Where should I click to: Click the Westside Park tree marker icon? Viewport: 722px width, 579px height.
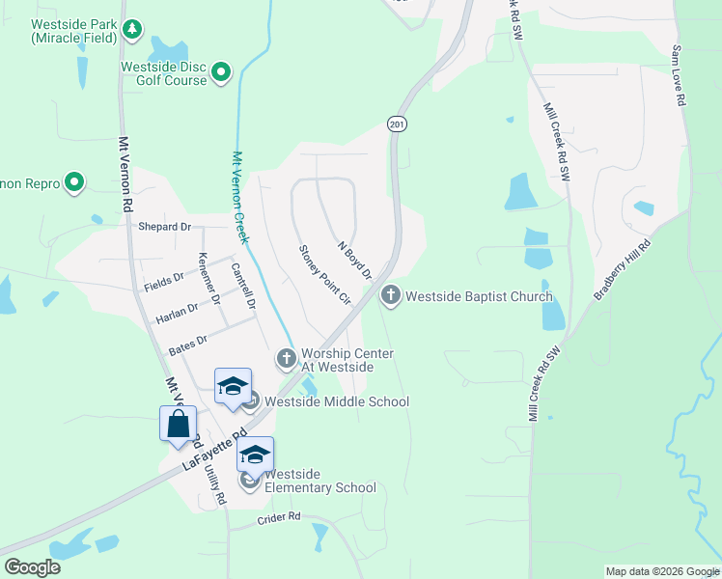132,31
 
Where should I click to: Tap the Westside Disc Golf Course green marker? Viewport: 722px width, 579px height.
221,72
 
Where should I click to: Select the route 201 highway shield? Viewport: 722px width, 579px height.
397,124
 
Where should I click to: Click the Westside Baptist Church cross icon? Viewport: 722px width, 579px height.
391,296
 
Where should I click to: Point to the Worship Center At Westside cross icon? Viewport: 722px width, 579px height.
286,359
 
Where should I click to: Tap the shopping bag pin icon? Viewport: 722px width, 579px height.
179,425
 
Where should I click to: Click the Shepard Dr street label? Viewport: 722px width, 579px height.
165,227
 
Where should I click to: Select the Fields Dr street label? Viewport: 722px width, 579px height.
164,278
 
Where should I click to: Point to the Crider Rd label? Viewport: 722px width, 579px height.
280,518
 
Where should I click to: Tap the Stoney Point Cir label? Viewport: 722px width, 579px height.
322,275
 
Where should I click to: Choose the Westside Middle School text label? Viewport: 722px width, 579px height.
337,401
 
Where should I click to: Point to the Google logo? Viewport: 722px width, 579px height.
32,567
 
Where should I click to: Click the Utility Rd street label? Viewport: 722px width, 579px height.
217,483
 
